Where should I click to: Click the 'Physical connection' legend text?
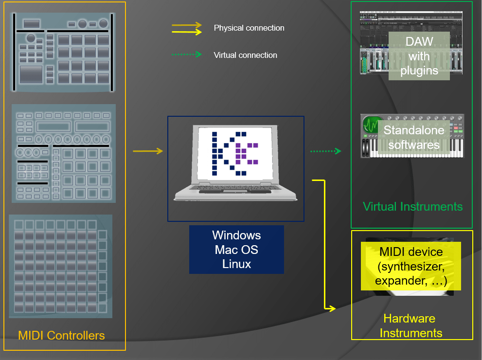coord(249,28)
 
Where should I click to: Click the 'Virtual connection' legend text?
coord(245,55)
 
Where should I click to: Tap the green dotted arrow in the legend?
coord(186,55)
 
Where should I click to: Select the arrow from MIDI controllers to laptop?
coord(148,151)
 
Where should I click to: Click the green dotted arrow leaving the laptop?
coord(326,151)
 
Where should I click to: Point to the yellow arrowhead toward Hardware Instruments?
coord(332,308)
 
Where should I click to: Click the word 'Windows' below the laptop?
coord(236,235)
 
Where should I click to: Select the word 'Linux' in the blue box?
coord(236,264)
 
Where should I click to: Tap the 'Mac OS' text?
coord(236,250)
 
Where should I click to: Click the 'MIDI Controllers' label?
coord(61,335)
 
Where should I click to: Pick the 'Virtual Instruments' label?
coord(412,206)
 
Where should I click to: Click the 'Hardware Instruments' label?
coord(411,326)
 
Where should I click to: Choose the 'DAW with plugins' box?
coord(419,56)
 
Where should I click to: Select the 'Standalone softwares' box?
coord(413,137)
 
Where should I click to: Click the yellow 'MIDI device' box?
coord(411,267)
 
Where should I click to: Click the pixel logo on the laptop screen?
coord(235,152)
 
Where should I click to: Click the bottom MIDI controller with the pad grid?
coord(60,266)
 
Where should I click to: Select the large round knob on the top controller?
coord(31,38)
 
